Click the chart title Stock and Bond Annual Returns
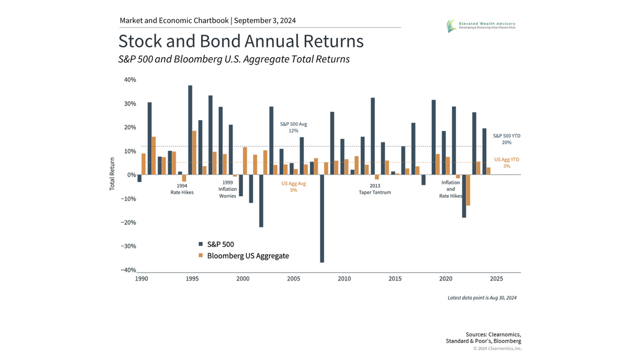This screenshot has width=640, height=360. [241, 41]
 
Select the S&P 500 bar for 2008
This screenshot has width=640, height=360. [322, 218]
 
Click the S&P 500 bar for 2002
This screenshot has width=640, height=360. [261, 201]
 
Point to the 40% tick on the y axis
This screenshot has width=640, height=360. [130, 79]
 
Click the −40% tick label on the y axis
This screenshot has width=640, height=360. [128, 270]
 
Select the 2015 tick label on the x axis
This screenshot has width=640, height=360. [395, 279]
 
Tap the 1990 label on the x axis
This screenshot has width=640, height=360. [141, 279]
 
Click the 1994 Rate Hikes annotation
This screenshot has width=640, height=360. [182, 189]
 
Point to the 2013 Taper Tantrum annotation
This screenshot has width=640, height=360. [374, 189]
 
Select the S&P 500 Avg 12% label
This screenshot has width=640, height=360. [294, 127]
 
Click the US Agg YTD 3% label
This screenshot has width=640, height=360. [506, 163]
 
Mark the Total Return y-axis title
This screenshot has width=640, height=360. [113, 174]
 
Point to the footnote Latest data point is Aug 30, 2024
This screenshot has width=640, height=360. [482, 298]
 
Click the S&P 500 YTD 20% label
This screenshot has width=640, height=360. [506, 139]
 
